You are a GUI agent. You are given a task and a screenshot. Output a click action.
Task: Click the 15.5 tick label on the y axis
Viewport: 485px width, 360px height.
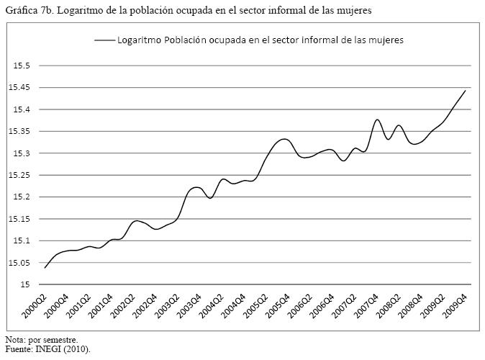coord(20,66)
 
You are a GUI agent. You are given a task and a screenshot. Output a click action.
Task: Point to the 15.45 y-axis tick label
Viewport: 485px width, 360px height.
coord(18,88)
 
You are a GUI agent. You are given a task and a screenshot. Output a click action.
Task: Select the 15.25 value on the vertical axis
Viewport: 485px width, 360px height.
coord(18,175)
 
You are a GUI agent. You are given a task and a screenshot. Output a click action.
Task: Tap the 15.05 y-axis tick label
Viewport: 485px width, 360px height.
coord(18,263)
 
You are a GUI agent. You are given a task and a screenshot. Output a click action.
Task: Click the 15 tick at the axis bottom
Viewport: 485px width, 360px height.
coord(24,284)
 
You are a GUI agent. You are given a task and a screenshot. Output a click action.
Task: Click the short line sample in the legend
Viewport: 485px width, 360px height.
coord(104,40)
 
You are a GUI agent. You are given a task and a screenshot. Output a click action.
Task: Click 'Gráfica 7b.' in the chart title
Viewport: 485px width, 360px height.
coord(28,9)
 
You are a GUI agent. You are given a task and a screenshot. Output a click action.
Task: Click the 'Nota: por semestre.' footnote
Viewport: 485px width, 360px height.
coord(40,339)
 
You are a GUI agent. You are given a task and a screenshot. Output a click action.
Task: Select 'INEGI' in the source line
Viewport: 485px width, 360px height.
coord(47,349)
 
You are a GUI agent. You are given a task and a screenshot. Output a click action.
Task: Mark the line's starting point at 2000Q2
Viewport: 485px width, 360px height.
coord(45,268)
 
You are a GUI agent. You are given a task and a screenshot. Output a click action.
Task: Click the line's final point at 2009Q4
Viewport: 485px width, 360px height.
coord(466,90)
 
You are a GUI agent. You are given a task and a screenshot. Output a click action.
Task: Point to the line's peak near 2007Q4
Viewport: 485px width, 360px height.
coord(377,120)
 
